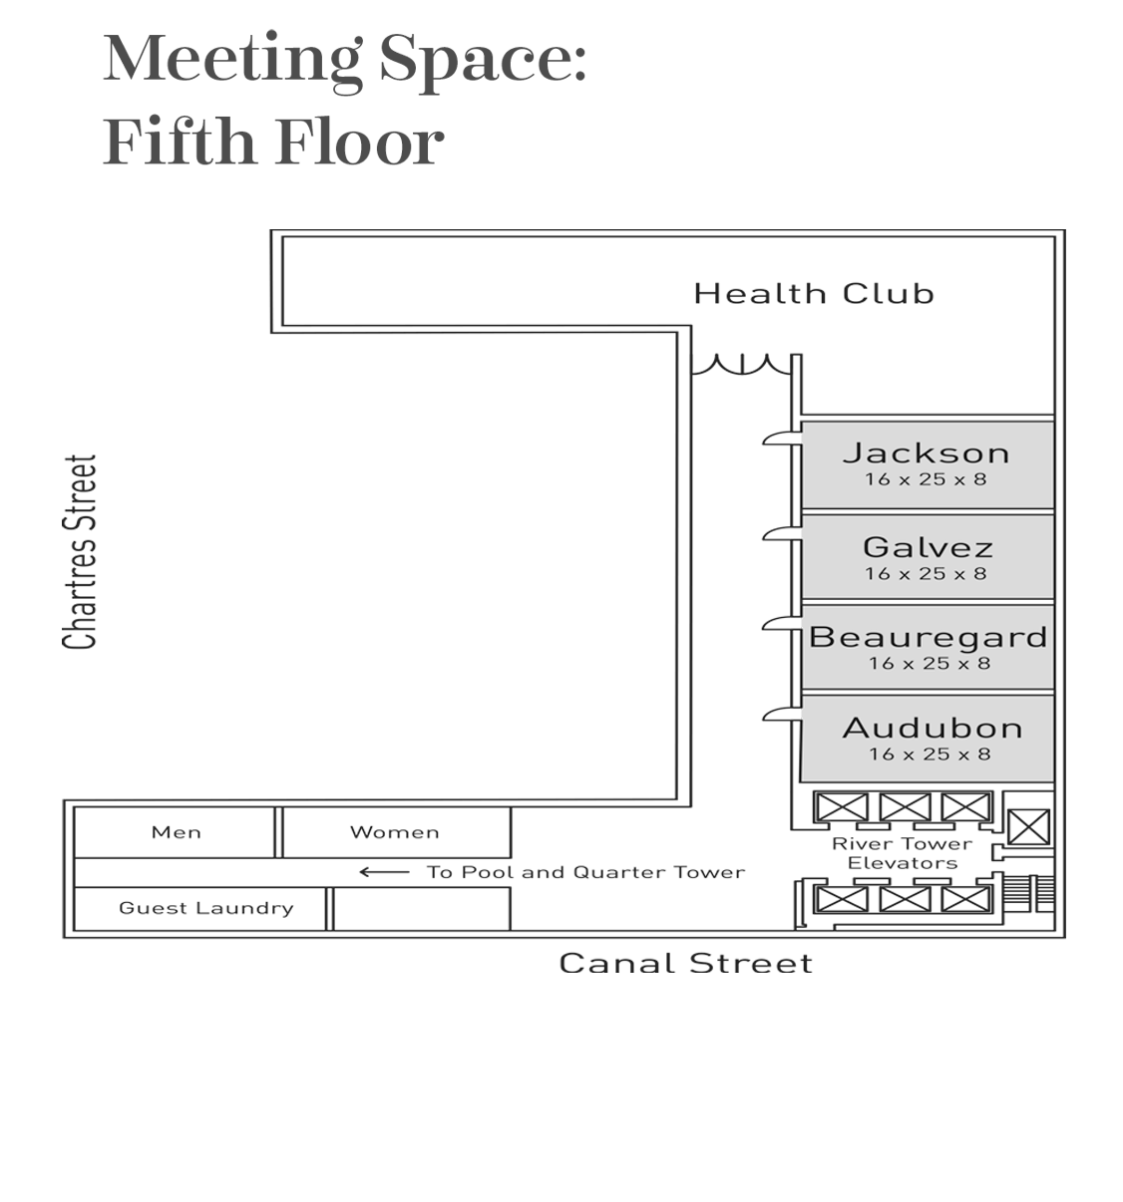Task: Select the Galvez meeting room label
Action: click(x=928, y=547)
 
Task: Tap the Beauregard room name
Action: click(x=928, y=637)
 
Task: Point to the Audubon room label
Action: click(x=932, y=728)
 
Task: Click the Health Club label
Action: click(x=814, y=294)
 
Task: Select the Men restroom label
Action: click(x=176, y=832)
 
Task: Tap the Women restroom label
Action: click(x=394, y=832)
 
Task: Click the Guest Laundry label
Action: click(x=205, y=908)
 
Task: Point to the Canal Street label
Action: click(x=685, y=963)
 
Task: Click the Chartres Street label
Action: click(x=80, y=552)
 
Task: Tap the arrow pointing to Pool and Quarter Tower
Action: click(x=384, y=872)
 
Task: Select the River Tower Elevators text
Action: click(x=902, y=853)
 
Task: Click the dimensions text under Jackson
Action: click(x=925, y=479)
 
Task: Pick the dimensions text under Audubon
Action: click(x=930, y=754)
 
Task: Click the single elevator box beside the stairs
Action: click(x=1028, y=827)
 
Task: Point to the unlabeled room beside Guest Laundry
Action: click(x=422, y=908)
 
